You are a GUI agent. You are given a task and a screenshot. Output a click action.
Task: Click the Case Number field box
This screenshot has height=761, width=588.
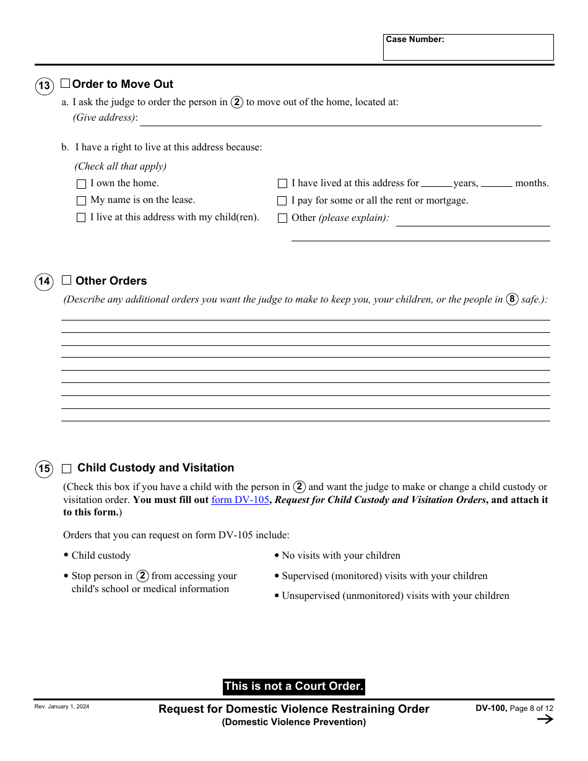tap(468, 48)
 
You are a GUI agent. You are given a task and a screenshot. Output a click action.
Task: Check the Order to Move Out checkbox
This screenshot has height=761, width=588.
tap(65, 84)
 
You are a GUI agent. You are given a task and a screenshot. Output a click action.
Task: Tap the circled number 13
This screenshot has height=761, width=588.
tap(44, 85)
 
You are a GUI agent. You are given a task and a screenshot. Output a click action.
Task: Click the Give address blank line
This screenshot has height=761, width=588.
tap(340, 120)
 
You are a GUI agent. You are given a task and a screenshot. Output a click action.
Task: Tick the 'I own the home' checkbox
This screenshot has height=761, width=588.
tap(81, 184)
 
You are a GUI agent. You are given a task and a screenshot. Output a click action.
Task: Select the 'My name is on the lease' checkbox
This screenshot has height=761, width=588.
tap(81, 200)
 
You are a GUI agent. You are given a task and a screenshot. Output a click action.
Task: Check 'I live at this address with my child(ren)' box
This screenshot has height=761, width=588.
tap(81, 218)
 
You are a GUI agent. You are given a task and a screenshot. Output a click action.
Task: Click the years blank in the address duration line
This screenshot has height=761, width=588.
tap(436, 183)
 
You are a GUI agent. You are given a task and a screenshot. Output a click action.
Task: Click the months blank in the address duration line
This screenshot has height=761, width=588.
tap(496, 183)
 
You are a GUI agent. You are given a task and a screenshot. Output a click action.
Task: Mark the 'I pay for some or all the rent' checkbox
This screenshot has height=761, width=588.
tap(282, 200)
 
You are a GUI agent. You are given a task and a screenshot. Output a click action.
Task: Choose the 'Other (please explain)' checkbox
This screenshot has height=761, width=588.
tap(282, 218)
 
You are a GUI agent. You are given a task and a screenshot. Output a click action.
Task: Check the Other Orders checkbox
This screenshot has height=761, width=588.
tap(67, 280)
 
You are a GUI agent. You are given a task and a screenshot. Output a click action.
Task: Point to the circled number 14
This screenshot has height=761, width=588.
tap(44, 282)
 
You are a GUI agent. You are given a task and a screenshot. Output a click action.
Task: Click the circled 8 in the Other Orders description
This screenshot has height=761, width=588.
tap(512, 299)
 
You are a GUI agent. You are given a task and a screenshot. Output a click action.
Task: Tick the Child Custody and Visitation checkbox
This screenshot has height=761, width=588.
tap(67, 468)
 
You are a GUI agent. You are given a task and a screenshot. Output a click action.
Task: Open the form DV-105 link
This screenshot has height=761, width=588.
tap(240, 500)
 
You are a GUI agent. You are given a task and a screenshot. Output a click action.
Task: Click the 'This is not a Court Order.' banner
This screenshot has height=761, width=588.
tap(293, 686)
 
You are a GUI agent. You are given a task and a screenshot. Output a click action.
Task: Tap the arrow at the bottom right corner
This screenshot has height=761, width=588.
tap(545, 719)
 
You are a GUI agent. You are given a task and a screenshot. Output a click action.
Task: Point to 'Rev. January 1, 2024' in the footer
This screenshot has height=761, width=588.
tap(62, 707)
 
